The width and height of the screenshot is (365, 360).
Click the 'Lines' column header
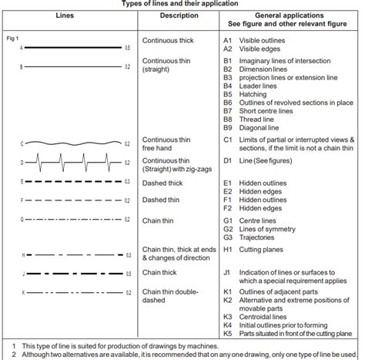tap(65, 15)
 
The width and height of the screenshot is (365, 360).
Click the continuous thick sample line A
tap(73, 48)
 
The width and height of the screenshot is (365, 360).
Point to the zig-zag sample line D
tap(73, 163)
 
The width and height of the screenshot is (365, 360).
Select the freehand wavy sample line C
tap(73, 143)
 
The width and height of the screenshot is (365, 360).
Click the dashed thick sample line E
tap(73, 182)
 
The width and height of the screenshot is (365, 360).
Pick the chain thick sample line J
tap(73, 273)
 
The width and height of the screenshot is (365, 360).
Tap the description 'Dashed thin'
tap(162, 200)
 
